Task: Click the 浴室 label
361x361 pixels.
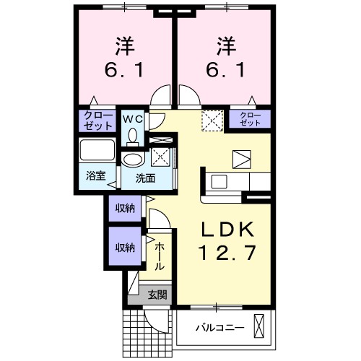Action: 95,175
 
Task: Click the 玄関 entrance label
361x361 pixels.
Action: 157,293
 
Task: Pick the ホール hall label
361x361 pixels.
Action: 160,256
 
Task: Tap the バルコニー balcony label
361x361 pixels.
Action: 219,328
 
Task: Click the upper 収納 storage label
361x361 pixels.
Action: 123,209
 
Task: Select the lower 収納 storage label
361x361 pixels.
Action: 123,247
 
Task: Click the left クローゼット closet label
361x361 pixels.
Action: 97,120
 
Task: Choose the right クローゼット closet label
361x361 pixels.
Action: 250,119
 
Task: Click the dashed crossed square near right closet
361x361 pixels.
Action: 212,118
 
